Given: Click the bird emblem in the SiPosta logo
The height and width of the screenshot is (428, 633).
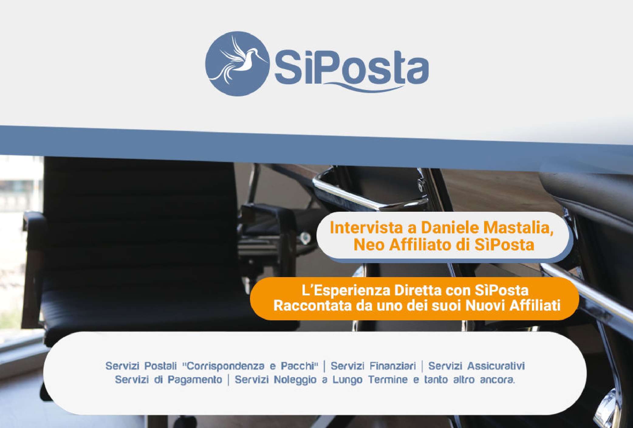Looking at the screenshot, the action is pos(237,64).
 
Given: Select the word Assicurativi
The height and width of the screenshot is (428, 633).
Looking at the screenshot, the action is pos(496,366).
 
